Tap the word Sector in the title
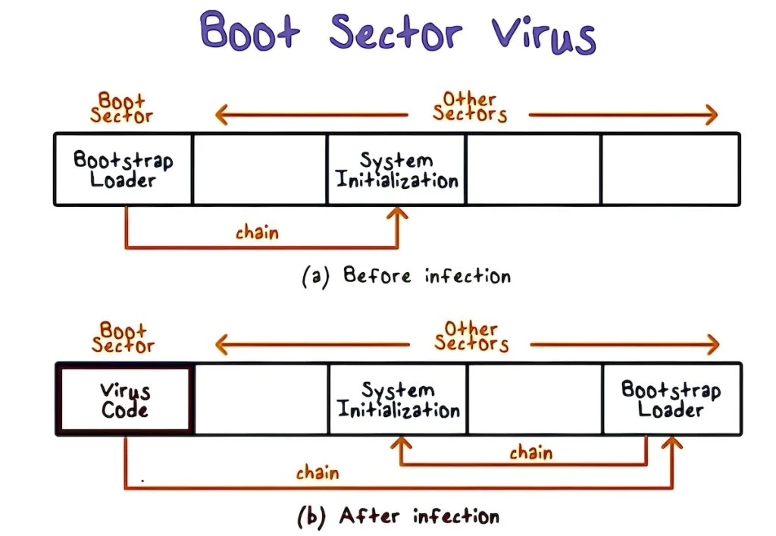395,33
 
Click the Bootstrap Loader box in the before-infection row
123,169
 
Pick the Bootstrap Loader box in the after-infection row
671,400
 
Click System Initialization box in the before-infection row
396,169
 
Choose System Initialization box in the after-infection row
398,400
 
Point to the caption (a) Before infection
406,275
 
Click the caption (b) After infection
398,517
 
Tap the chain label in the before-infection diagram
257,232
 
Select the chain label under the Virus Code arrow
318,473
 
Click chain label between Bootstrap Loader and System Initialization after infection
530,453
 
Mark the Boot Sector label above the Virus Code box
122,337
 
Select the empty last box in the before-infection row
670,169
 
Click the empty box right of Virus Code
261,400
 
